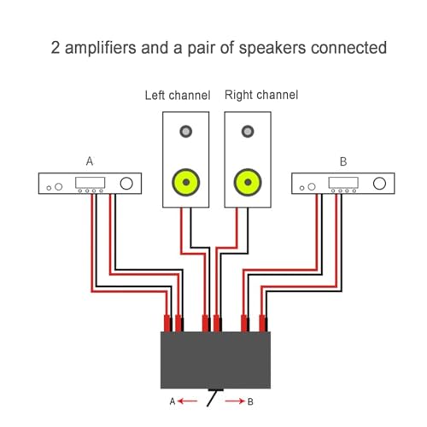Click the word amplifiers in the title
101,48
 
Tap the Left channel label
178,95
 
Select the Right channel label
261,95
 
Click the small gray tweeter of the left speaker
186,132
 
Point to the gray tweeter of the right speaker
248,132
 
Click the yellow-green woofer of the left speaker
186,182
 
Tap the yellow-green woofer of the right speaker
248,182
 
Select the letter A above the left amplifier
90,161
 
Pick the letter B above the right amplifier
343,161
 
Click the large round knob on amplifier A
126,184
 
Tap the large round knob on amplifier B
379,184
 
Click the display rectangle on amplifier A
90,183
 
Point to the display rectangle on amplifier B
343,183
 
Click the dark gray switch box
215,360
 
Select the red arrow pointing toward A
187,401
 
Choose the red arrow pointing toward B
235,401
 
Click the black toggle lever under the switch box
213,398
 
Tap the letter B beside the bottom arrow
250,401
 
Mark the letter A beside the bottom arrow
173,401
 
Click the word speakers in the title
272,48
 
